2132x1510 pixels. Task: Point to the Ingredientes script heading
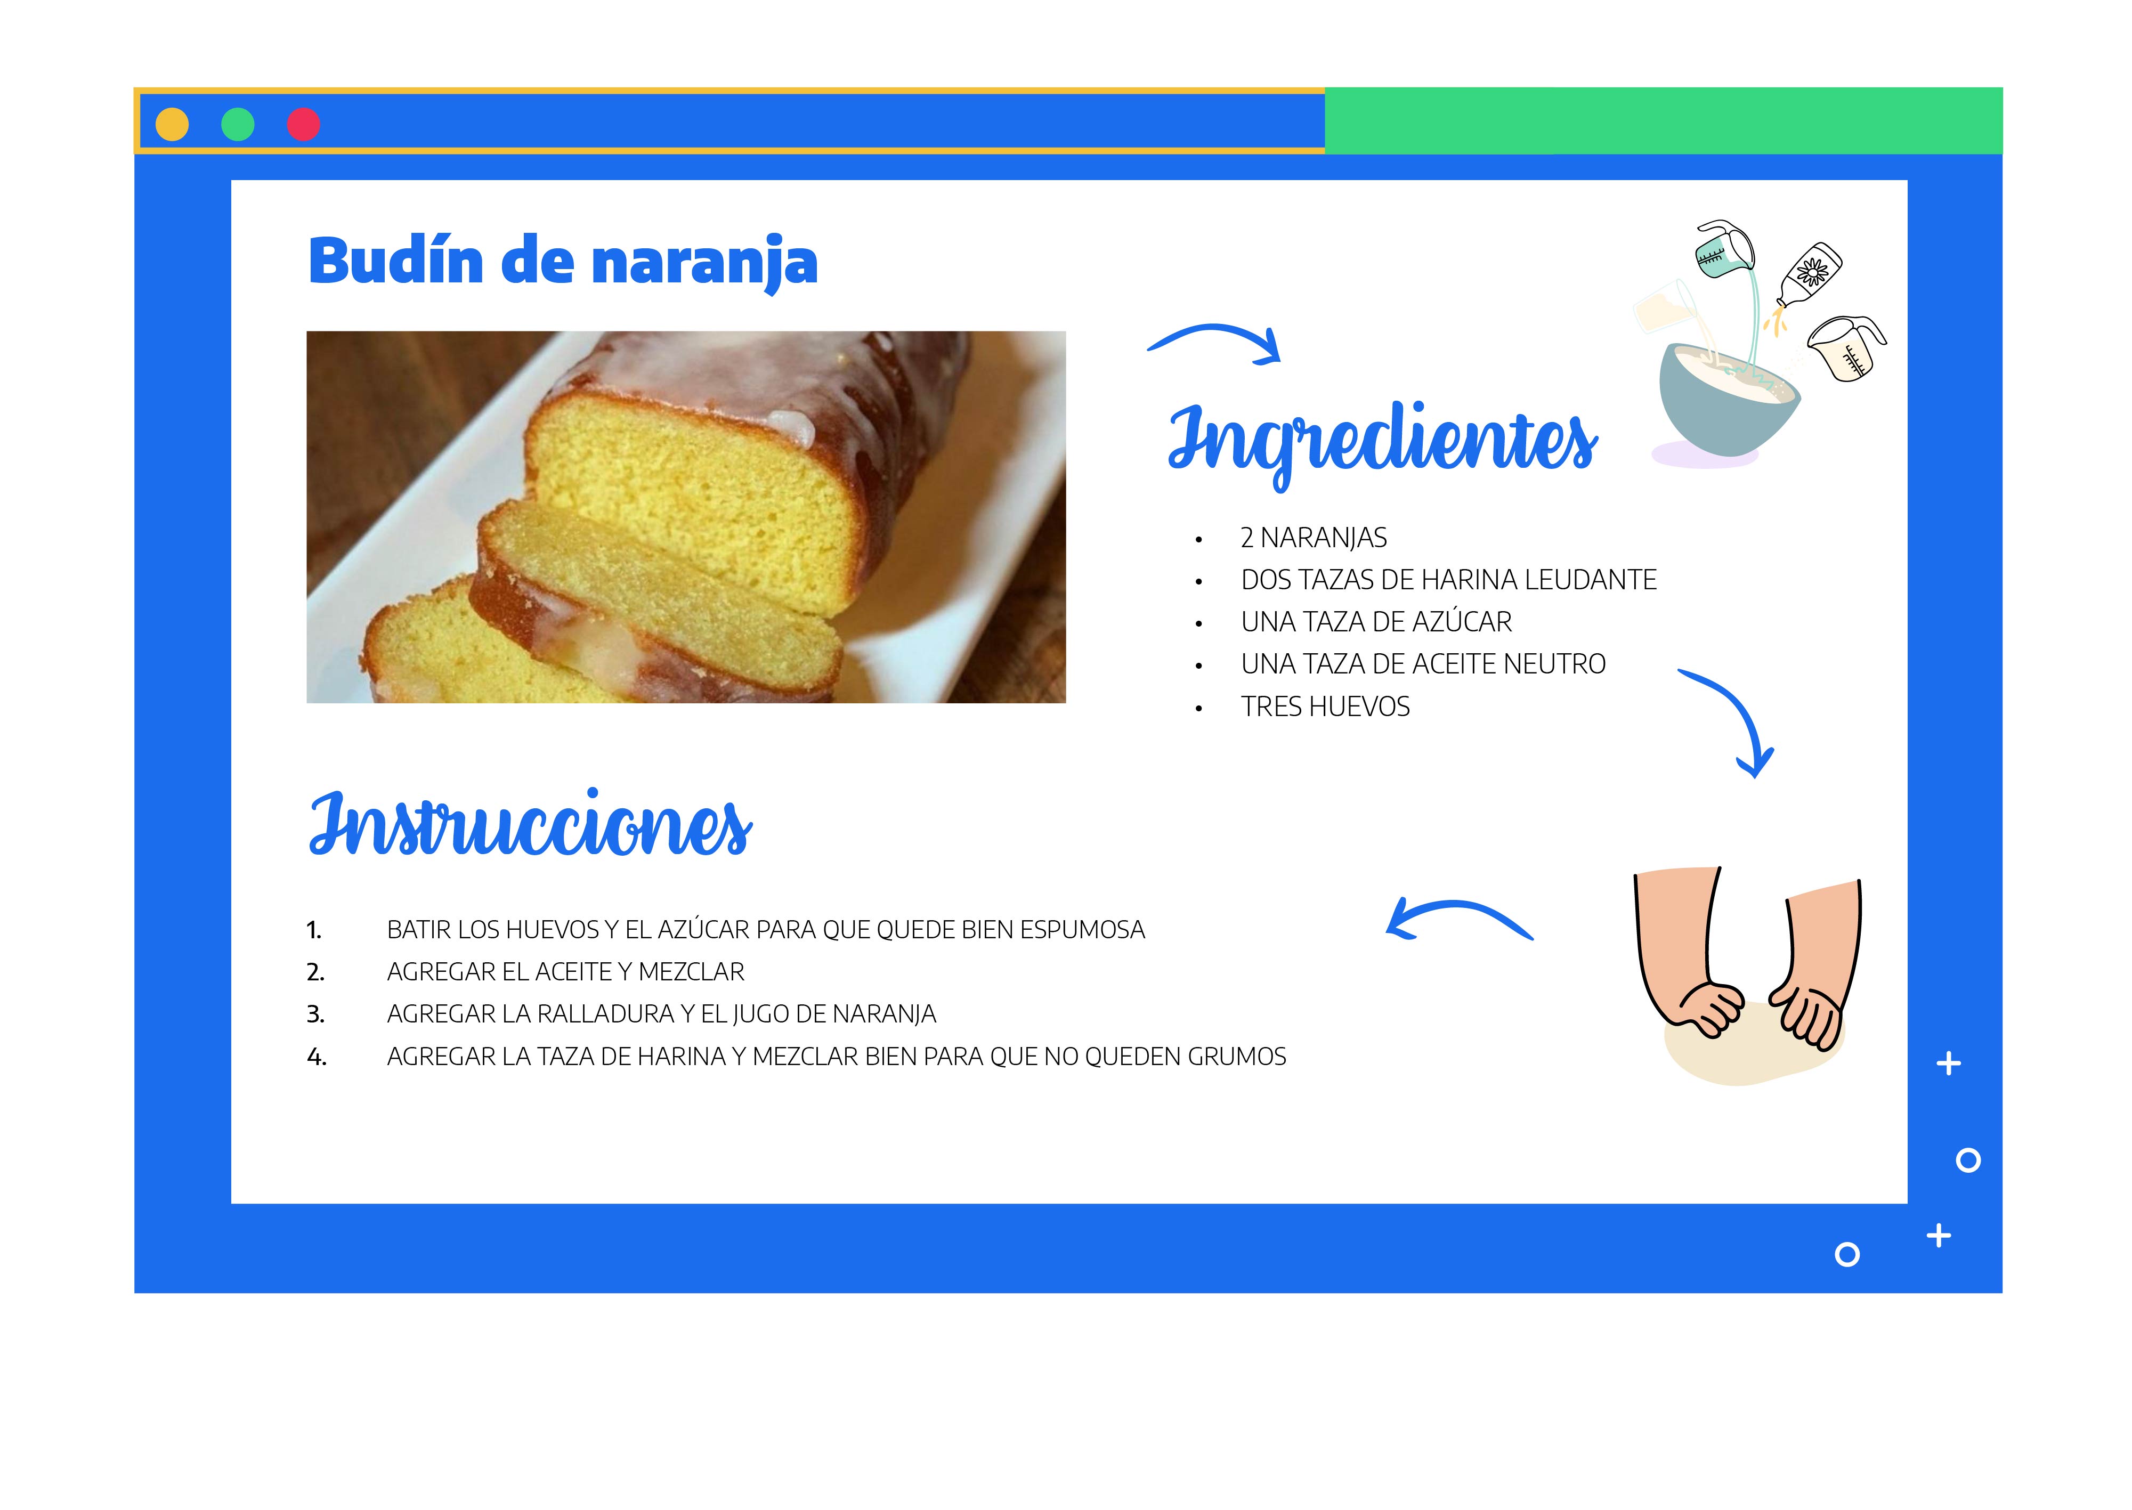(1383, 443)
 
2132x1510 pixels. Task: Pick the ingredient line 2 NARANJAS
(1314, 538)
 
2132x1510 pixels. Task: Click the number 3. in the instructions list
(316, 1014)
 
